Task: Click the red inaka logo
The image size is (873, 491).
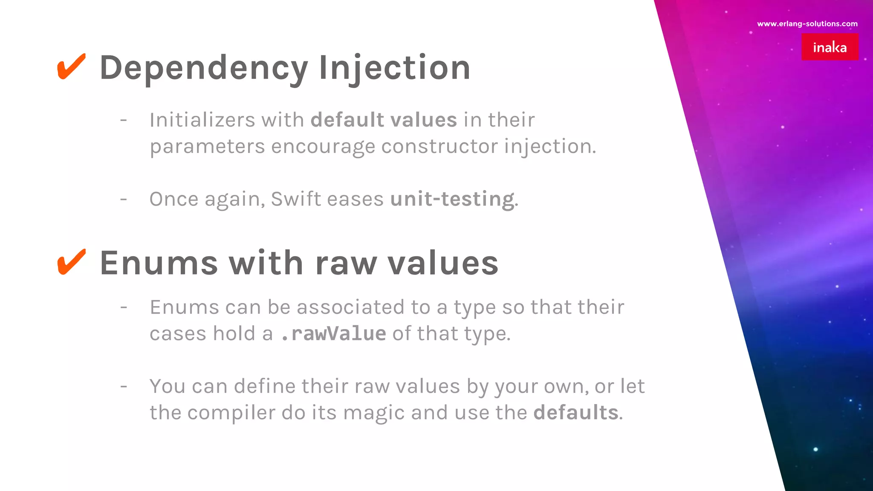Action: [x=830, y=47]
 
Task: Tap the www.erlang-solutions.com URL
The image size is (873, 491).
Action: [x=807, y=24]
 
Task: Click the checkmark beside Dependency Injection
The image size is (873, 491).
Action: [x=71, y=66]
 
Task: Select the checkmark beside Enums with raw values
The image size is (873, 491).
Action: [x=71, y=262]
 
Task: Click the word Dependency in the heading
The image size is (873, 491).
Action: [x=203, y=68]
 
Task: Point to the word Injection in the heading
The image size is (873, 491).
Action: [x=394, y=68]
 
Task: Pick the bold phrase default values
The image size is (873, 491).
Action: [x=384, y=120]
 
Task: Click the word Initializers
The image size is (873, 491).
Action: [x=202, y=120]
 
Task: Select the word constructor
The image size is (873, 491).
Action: [x=439, y=147]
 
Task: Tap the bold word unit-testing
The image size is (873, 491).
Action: [x=452, y=199]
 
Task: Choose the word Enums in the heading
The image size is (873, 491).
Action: [x=159, y=263]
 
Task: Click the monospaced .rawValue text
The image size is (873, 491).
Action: [x=333, y=334]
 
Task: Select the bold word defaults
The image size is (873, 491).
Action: [x=576, y=413]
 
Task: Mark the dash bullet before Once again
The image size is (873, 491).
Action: [x=124, y=199]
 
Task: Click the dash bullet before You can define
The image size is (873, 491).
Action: [x=124, y=387]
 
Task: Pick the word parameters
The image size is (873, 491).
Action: [x=207, y=147]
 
